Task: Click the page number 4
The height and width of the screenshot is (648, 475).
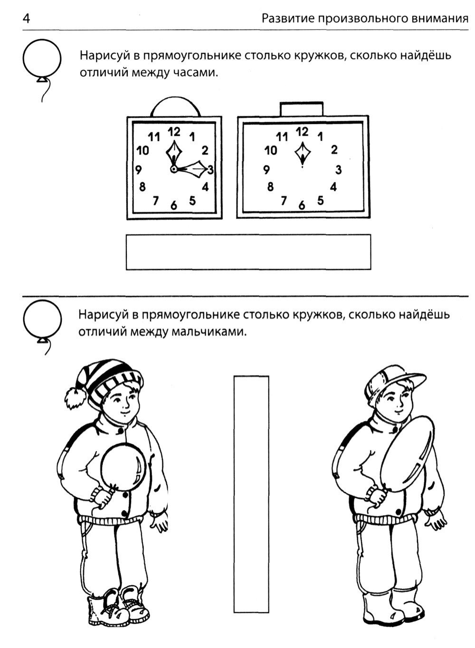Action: pyautogui.click(x=26, y=19)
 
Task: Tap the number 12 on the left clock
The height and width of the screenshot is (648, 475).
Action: pyautogui.click(x=174, y=132)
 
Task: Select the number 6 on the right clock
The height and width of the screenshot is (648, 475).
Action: pyautogui.click(x=302, y=206)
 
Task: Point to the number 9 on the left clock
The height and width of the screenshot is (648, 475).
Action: pyautogui.click(x=139, y=169)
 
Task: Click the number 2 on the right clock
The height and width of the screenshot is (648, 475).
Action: pyautogui.click(x=334, y=149)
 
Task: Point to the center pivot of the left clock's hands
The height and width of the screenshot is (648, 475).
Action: pyautogui.click(x=173, y=168)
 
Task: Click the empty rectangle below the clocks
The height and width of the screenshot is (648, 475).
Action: pyautogui.click(x=248, y=252)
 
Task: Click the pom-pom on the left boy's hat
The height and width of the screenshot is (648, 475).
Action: pyautogui.click(x=76, y=398)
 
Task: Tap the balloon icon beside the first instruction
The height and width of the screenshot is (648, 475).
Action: pyautogui.click(x=42, y=58)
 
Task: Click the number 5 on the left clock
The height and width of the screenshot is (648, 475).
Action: pyautogui.click(x=192, y=200)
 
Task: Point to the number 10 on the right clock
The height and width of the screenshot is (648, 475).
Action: pyautogui.click(x=271, y=150)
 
